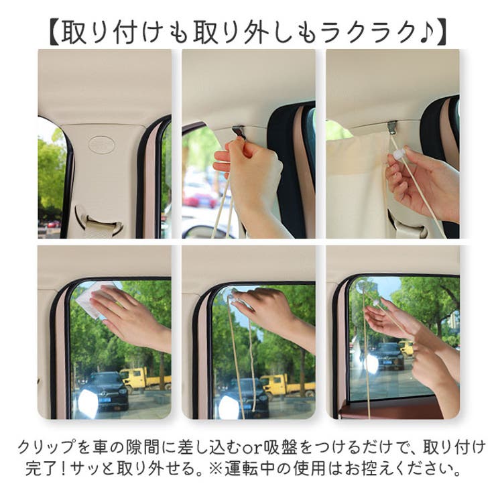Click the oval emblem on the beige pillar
pos(101,143)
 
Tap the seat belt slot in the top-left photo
pos(99,221)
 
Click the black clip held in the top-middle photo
pos(239,133)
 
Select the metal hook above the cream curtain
pos(391,127)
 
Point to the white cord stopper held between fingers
pos(397,155)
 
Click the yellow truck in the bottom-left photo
pos(142,379)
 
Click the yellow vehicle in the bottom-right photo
pos(407,347)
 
